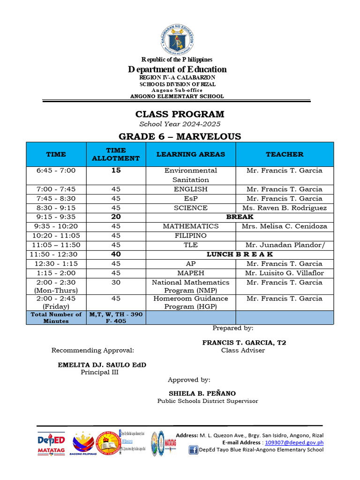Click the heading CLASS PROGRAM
coord(180,114)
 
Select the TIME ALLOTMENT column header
coord(116,154)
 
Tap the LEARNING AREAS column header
coord(190,154)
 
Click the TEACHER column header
coord(284,154)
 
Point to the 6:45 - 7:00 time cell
coord(56,171)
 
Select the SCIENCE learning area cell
coord(190,208)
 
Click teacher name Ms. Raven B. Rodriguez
coord(284,208)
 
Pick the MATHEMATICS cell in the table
coord(190,226)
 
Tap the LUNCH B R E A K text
coord(240,254)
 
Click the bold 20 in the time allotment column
coord(116,217)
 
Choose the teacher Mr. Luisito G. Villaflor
coord(284,273)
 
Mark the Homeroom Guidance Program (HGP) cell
coord(190,302)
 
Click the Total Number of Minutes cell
coord(56,317)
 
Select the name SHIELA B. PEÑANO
coord(202,393)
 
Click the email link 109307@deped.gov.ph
coord(294,442)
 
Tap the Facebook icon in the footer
coord(193,450)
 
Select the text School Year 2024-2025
coord(180,124)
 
